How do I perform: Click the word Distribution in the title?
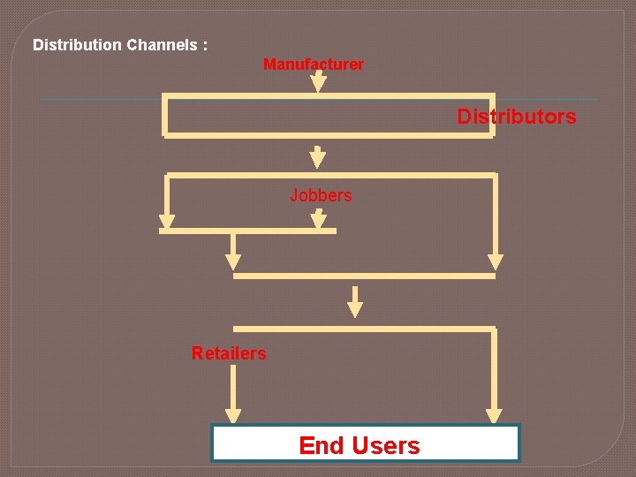click(78, 44)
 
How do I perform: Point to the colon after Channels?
click(205, 45)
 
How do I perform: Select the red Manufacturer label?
click(313, 64)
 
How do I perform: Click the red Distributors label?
click(516, 117)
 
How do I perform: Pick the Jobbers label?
click(321, 195)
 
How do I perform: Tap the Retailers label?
click(228, 353)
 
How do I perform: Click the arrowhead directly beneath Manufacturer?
click(319, 85)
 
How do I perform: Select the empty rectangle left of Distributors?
click(309, 116)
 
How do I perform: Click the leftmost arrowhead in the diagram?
click(165, 222)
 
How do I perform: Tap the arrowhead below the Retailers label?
click(233, 415)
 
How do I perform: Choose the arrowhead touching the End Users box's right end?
click(495, 415)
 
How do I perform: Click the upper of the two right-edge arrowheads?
click(496, 262)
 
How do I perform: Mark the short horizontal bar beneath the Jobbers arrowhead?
click(247, 231)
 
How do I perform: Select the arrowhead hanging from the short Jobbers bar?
click(233, 262)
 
